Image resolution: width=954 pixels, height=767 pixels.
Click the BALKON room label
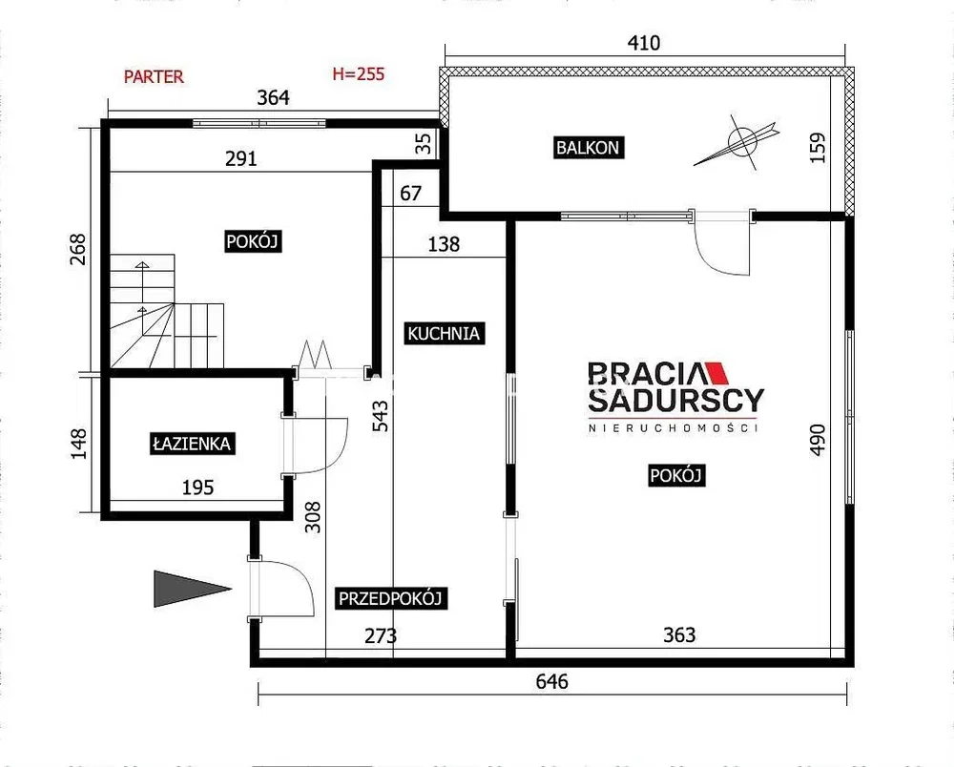click(589, 148)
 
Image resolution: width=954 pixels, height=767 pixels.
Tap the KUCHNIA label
click(445, 333)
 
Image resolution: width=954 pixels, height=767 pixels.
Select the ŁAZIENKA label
click(192, 444)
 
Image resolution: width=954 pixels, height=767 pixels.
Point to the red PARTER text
click(154, 77)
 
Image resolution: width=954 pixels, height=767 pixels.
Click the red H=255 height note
click(359, 74)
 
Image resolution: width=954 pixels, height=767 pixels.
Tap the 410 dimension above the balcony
click(644, 43)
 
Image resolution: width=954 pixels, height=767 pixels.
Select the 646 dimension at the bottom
click(551, 681)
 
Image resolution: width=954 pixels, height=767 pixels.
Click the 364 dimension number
click(273, 97)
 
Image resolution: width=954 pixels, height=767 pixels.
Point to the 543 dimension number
click(380, 416)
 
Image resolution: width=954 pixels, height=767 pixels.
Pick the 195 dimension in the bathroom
click(197, 487)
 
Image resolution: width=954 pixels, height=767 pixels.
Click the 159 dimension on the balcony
click(819, 147)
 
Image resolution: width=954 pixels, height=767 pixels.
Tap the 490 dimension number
click(819, 439)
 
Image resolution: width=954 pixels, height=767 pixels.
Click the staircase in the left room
click(167, 311)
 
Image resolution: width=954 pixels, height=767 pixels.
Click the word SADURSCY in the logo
click(676, 401)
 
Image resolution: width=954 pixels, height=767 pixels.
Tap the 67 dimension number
click(410, 193)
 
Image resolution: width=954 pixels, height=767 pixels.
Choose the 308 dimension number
click(312, 517)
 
